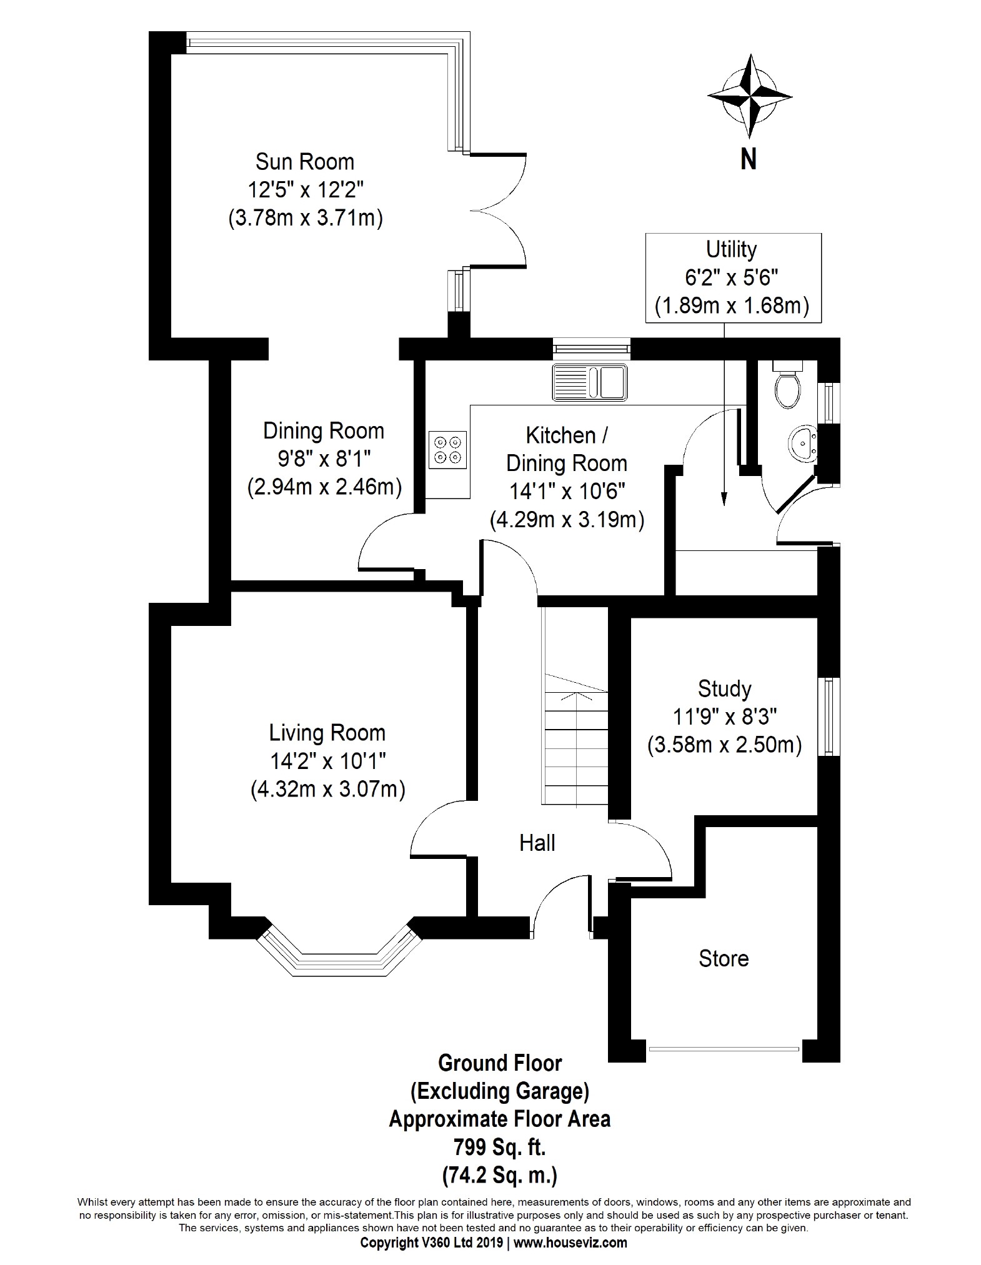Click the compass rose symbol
coord(749,96)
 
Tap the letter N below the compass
coord(749,159)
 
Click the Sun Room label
coord(305,162)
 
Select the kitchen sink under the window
coord(589,382)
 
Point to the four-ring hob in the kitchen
coord(447,449)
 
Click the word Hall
coord(537,843)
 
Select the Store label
coord(724,958)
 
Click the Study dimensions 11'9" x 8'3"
coord(725,717)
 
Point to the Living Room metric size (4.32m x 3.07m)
coord(328,790)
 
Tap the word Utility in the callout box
coord(731,249)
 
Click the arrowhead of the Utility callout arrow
coord(724,499)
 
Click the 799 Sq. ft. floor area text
coord(500,1148)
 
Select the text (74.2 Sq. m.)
coord(500,1176)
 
